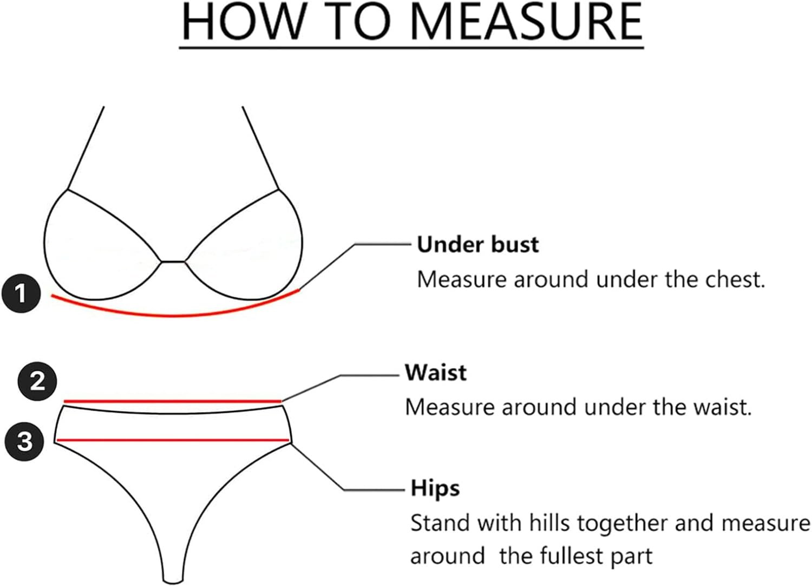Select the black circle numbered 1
point(21,294)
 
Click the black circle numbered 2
point(37,381)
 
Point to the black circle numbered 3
point(24,441)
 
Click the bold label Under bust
point(478,245)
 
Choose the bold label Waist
point(436,373)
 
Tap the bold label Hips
point(435,488)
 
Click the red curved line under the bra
point(173,315)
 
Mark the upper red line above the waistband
point(173,402)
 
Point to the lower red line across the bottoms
point(173,440)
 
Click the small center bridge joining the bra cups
point(173,262)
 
